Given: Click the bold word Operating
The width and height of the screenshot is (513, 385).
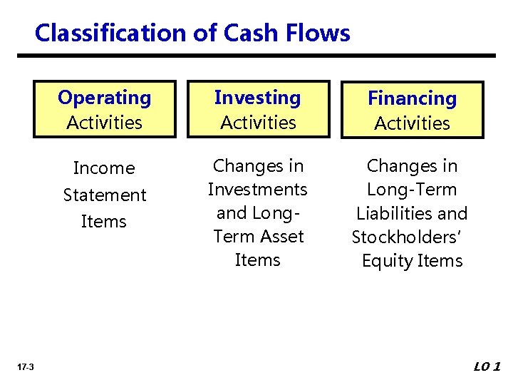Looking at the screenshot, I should click(105, 98).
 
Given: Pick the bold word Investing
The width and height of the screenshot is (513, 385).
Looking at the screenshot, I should click(258, 98).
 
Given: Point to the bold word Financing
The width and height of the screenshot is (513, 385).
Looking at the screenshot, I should click(412, 98).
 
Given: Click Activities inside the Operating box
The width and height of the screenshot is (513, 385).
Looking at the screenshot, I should click(105, 123).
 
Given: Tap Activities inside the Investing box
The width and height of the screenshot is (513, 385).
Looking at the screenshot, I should click(258, 123).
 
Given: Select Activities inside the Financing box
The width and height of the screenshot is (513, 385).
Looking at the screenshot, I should click(412, 123).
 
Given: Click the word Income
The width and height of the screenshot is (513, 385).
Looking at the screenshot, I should click(104, 168).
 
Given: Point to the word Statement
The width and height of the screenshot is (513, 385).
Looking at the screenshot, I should click(104, 195).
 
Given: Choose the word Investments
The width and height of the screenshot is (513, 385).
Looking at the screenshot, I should click(257, 190).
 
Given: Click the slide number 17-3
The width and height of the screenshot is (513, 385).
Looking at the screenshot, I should click(25, 366).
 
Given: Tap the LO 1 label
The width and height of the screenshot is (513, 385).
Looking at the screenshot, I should click(487, 366).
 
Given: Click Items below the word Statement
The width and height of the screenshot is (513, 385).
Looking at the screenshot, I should click(104, 222).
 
